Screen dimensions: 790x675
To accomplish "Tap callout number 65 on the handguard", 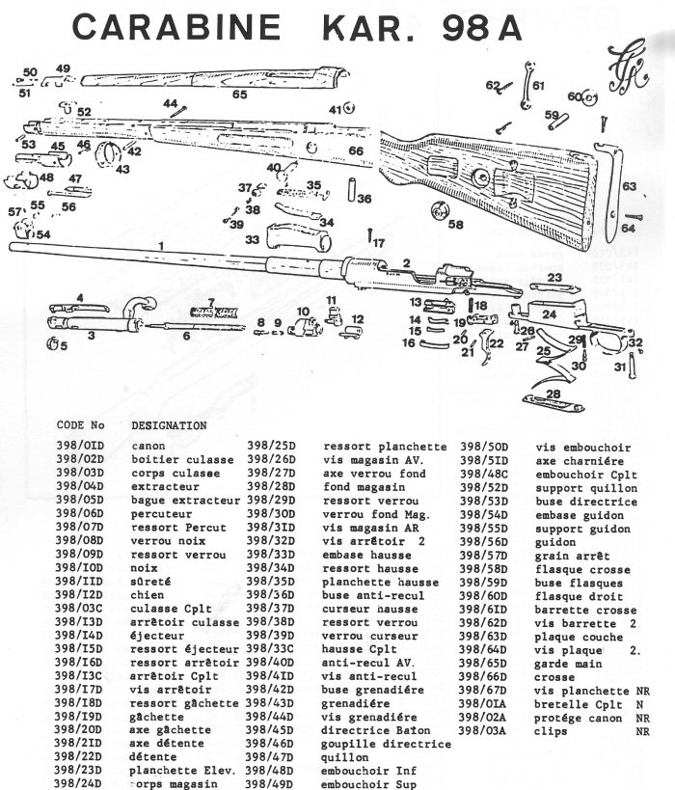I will tap(239, 94).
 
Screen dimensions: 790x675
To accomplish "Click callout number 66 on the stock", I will tap(356, 151).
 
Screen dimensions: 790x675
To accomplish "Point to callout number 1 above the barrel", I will tap(161, 245).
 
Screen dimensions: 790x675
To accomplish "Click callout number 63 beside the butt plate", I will tap(629, 185).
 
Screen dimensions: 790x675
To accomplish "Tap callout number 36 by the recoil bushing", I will tap(364, 199).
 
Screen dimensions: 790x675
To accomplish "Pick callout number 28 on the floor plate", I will tap(553, 395).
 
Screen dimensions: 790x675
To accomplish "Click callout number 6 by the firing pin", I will tap(186, 336).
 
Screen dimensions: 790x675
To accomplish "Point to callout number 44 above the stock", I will tap(170, 102).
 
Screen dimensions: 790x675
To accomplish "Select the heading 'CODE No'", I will tap(80, 424).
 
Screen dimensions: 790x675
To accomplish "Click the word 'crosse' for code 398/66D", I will tap(557, 678).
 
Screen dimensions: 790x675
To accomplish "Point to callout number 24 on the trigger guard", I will tap(549, 314).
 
